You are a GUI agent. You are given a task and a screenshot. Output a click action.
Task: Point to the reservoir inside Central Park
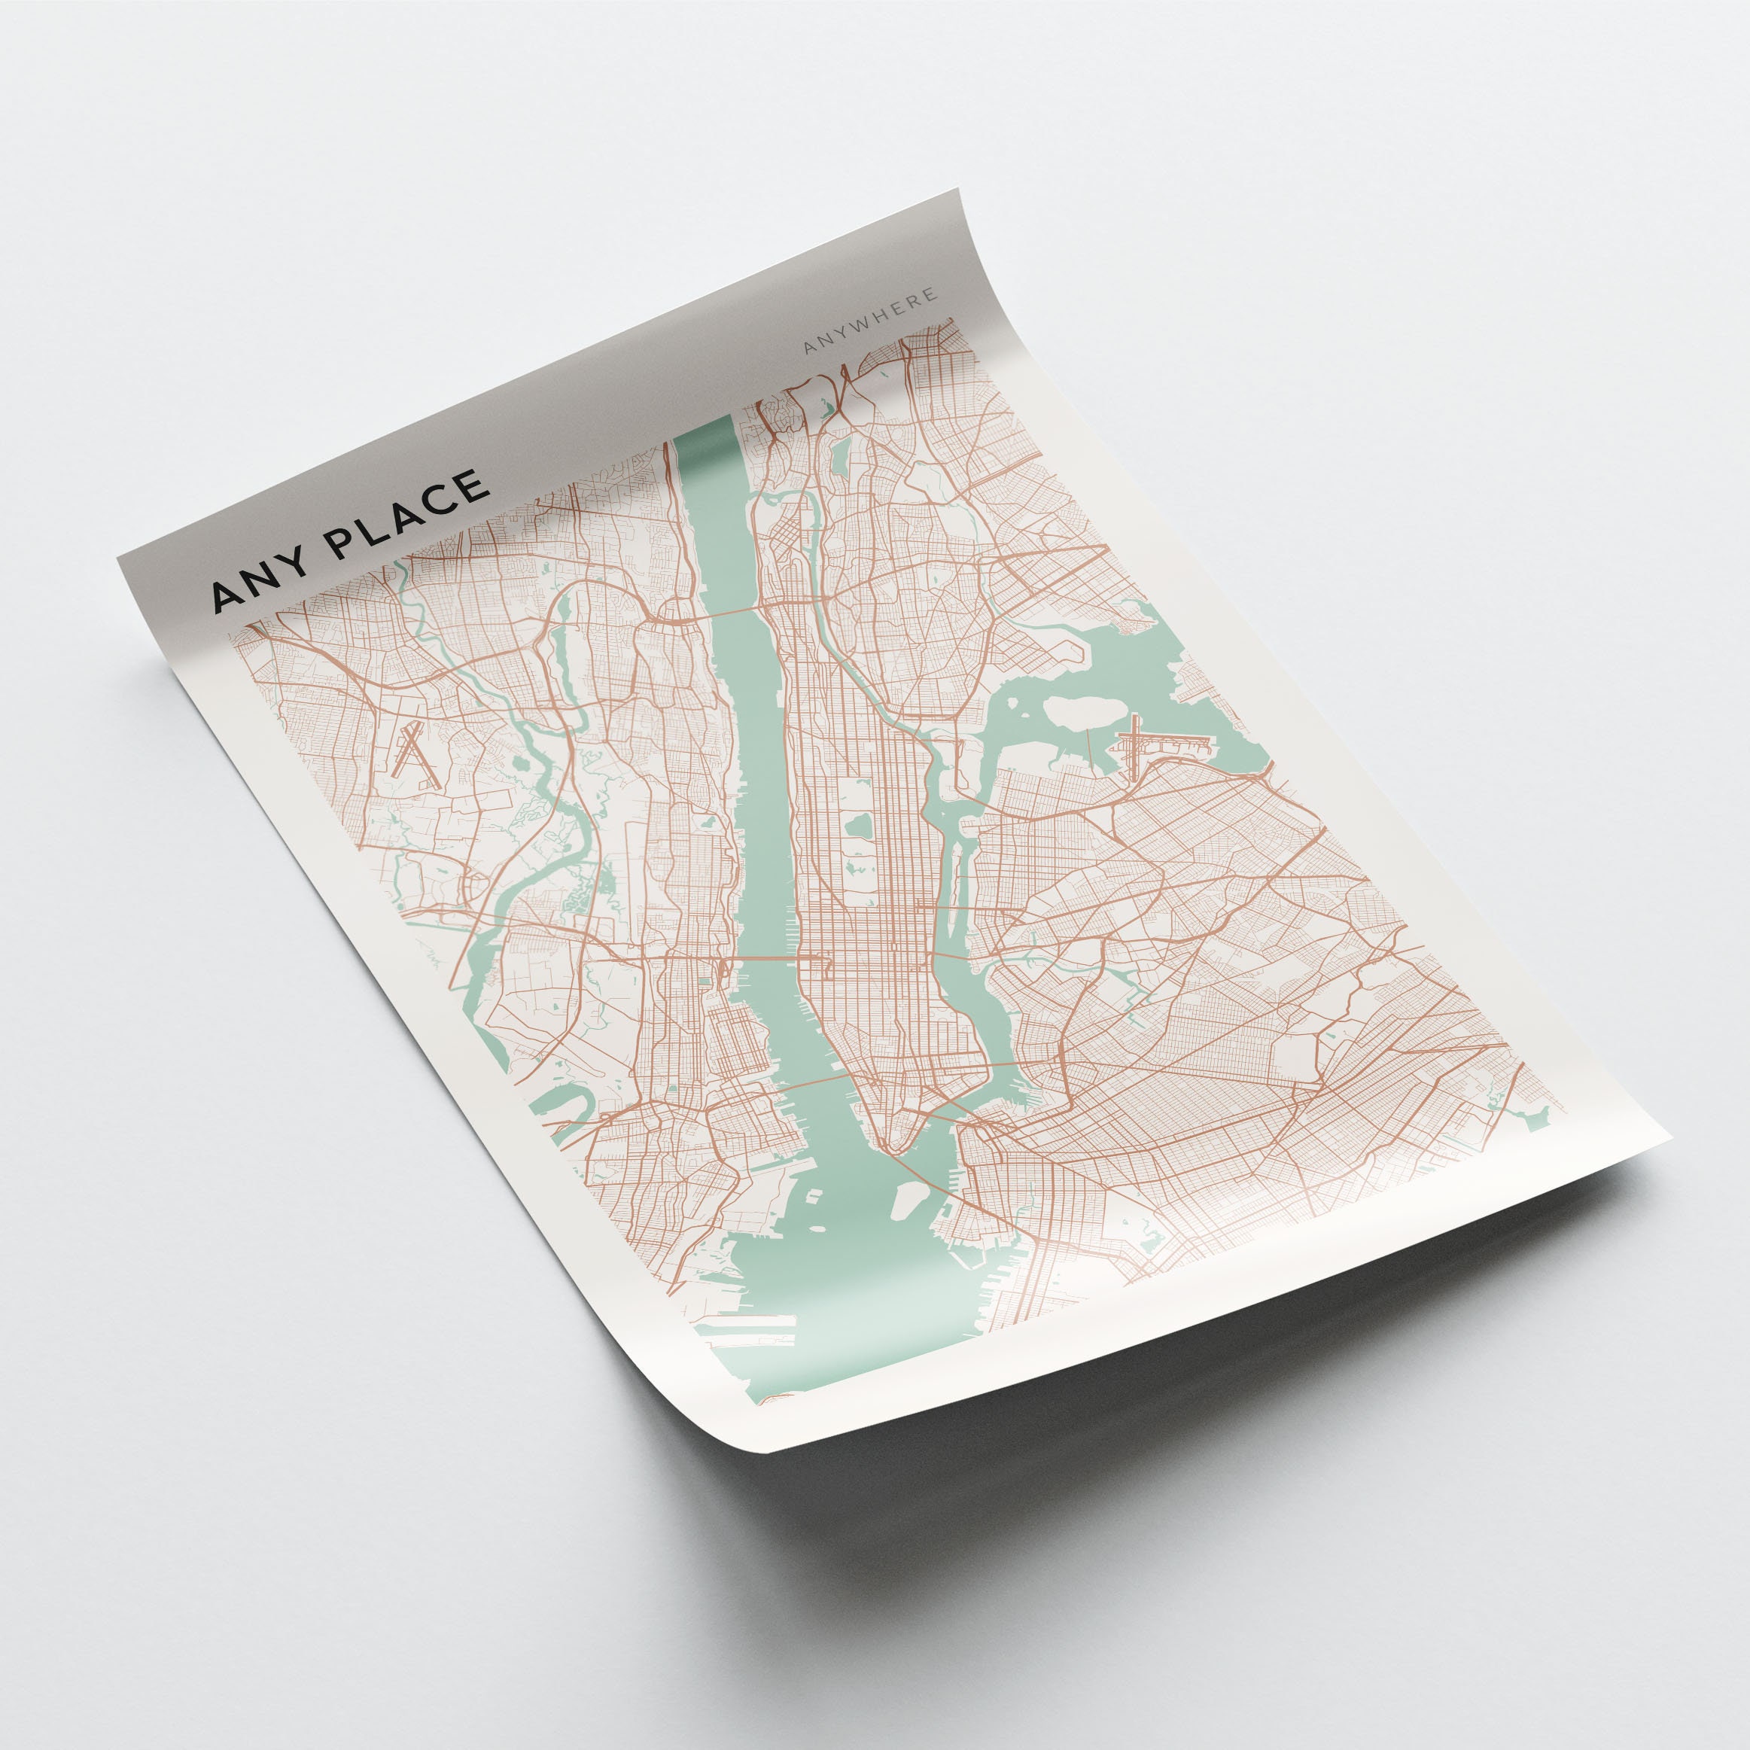click(857, 826)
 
